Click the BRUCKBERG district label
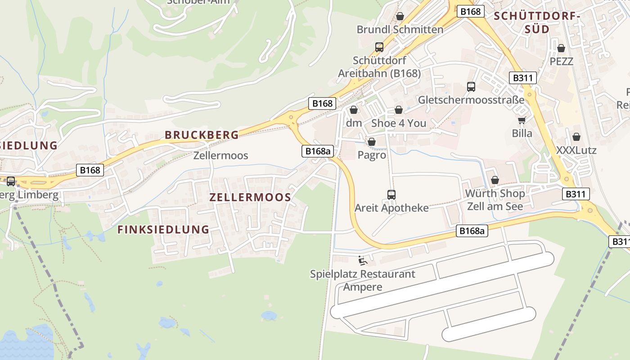[202, 135]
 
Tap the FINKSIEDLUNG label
[163, 229]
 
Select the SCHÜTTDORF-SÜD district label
[536, 22]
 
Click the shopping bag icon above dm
[354, 110]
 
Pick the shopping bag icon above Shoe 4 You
[399, 110]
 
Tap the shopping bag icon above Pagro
[372, 142]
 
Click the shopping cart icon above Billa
[522, 120]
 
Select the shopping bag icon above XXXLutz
[576, 137]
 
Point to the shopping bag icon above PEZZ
[561, 48]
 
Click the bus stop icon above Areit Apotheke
[391, 195]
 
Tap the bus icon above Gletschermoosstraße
[471, 87]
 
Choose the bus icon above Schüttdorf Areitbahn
[379, 47]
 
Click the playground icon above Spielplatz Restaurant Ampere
[363, 261]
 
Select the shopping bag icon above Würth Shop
[495, 180]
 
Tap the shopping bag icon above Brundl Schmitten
[400, 17]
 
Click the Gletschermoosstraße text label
[471, 100]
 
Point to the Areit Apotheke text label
[391, 208]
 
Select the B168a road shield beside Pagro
[317, 151]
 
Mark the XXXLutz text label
[576, 150]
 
